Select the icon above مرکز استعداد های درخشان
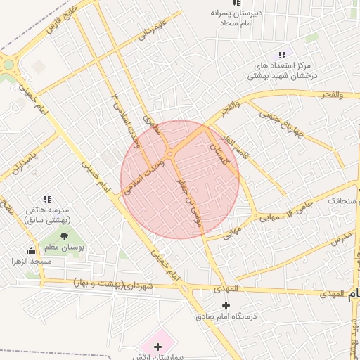[282, 55]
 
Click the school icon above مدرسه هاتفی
[47, 200]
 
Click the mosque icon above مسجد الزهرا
[31, 250]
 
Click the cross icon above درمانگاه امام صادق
[225, 305]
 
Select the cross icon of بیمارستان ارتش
[157, 347]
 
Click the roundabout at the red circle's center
[169, 155]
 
